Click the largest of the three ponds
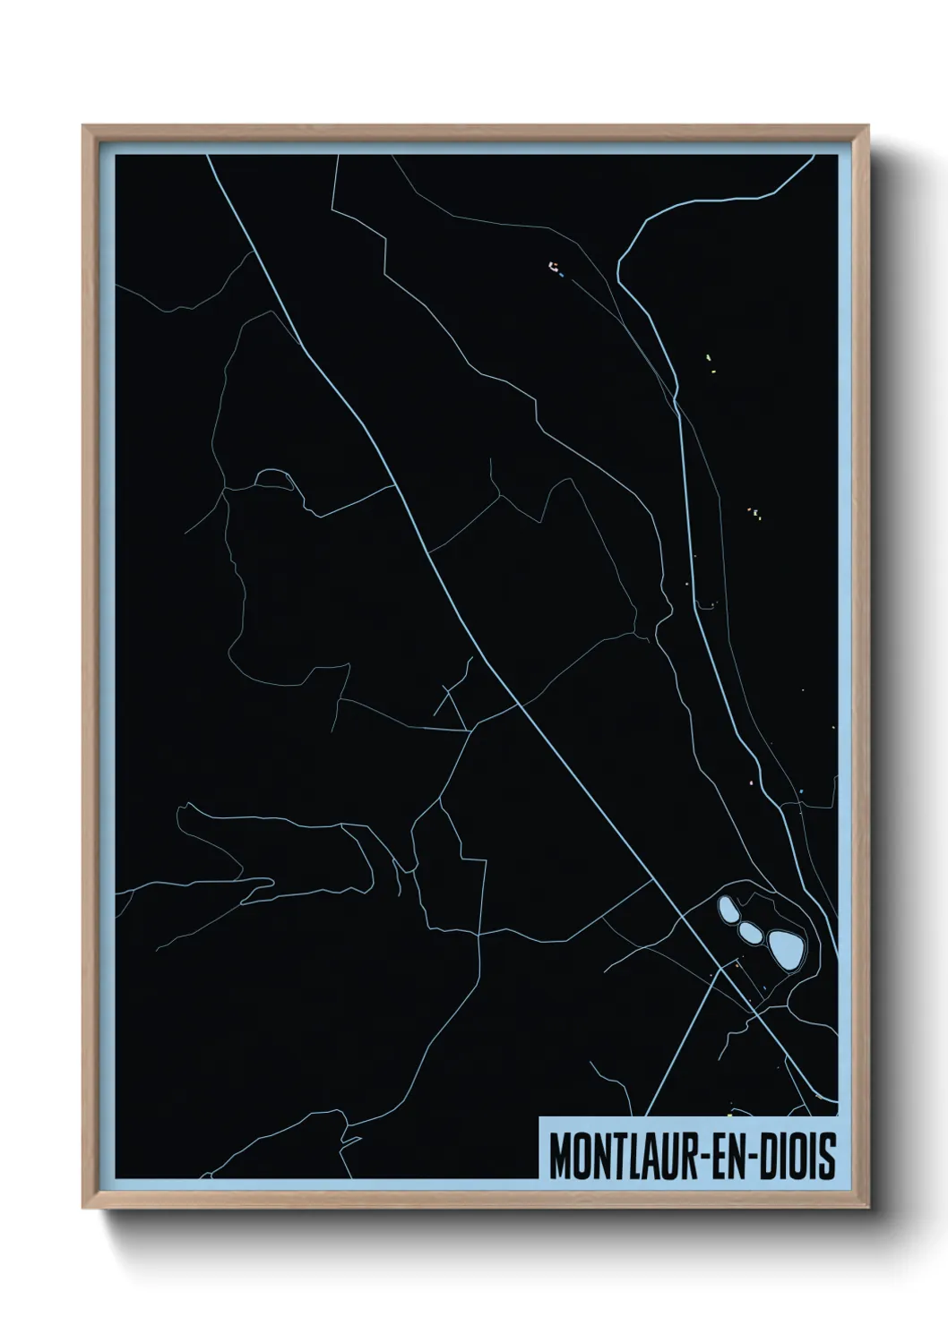tap(785, 947)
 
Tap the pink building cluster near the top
tap(553, 266)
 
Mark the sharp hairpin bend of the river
tap(620, 262)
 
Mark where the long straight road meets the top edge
tap(208, 156)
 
